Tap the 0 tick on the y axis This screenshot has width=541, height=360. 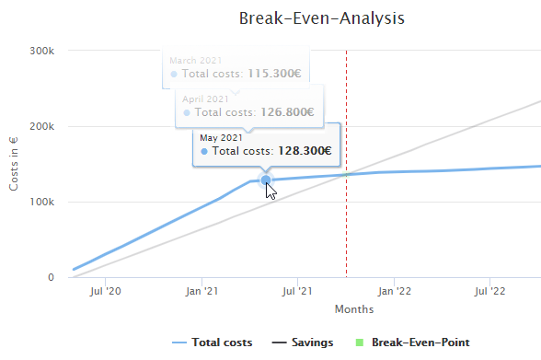51,277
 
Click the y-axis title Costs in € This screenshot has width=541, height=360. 14,164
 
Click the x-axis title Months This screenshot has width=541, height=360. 354,309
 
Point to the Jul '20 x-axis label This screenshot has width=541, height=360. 105,292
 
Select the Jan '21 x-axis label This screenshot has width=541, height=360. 201,292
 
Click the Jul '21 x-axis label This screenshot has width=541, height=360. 297,292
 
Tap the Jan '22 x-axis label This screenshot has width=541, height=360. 393,292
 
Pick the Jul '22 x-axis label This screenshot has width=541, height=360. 489,292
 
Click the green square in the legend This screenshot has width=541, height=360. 361,343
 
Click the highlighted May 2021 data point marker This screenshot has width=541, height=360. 265,180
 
